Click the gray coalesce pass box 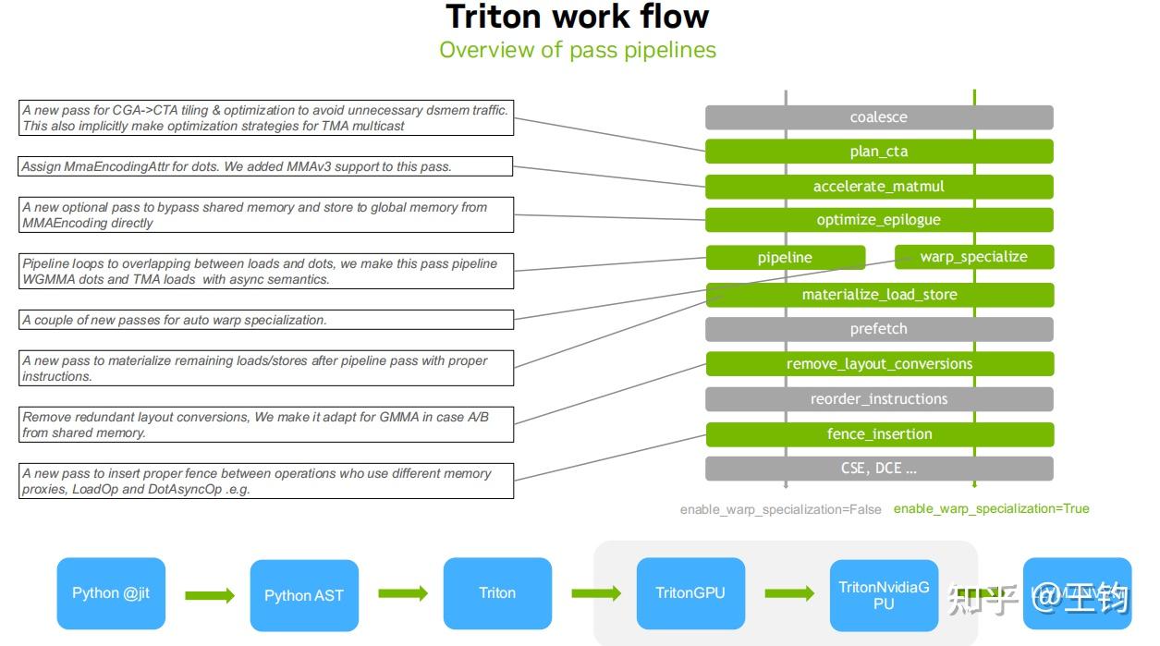point(879,117)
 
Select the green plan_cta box point(879,152)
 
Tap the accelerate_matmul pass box point(879,187)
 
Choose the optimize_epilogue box point(879,220)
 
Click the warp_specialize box point(973,257)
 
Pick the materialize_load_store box point(879,295)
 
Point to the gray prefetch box point(879,329)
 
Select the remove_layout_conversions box point(879,364)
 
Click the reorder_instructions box point(879,399)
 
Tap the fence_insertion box point(879,434)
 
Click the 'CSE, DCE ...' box point(879,469)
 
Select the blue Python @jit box point(111,593)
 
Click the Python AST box point(304,595)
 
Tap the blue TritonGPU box point(690,593)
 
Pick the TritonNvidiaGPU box point(884,595)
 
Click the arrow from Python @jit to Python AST point(210,595)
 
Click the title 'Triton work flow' point(578,17)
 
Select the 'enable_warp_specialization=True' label point(991,508)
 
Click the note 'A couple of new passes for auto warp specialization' point(266,320)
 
